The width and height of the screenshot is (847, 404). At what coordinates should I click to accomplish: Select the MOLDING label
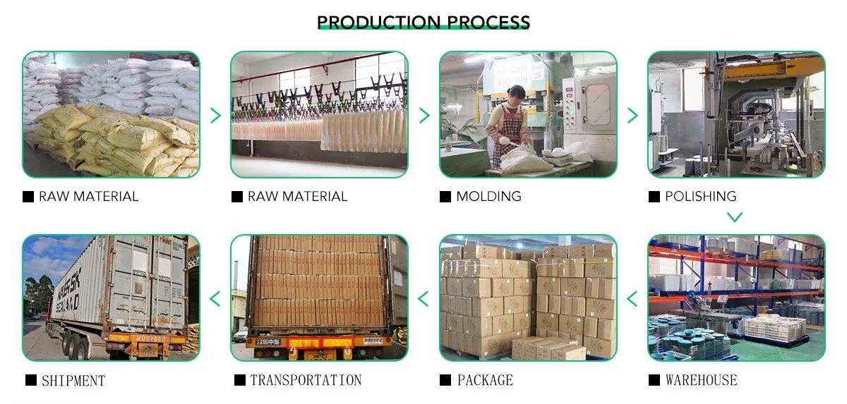click(488, 197)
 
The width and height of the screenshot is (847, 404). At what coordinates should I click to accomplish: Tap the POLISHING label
click(700, 197)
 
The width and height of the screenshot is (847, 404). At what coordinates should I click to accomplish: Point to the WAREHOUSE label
click(701, 381)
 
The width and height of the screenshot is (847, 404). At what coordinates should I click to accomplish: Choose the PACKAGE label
click(485, 381)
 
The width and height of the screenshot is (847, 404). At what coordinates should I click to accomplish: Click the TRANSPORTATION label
click(305, 381)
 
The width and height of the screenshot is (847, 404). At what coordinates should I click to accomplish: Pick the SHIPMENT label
click(73, 381)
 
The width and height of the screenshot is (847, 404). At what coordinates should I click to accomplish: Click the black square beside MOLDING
click(445, 197)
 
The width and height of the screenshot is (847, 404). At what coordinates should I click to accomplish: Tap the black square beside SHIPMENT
click(31, 381)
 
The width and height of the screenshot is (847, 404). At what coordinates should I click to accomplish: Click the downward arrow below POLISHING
click(735, 217)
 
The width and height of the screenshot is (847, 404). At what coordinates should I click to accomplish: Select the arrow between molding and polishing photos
click(632, 115)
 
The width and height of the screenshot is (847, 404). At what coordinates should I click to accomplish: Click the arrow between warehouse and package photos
click(632, 298)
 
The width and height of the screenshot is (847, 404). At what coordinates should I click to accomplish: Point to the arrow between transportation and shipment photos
click(215, 298)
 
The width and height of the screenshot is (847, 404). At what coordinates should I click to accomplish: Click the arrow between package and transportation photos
click(423, 298)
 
